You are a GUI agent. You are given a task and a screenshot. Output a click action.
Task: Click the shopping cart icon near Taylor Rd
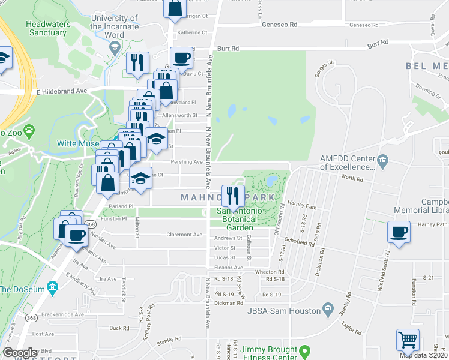click(408, 340)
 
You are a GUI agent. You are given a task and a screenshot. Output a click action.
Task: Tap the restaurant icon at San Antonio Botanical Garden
click(232, 196)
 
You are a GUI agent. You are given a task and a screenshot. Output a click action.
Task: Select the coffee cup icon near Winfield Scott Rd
click(399, 232)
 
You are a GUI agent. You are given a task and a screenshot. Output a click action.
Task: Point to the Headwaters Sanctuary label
click(47, 28)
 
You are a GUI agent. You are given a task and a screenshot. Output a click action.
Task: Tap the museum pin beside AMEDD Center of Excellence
click(383, 160)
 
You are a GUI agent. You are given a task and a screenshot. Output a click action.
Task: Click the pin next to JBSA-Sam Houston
click(328, 310)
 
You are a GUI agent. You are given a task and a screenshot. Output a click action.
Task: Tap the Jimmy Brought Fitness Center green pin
click(305, 350)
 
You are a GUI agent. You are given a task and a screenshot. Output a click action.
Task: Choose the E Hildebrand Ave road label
click(61, 91)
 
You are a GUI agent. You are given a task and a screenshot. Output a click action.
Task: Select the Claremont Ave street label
click(184, 235)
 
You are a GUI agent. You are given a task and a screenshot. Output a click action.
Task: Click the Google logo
click(20, 353)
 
